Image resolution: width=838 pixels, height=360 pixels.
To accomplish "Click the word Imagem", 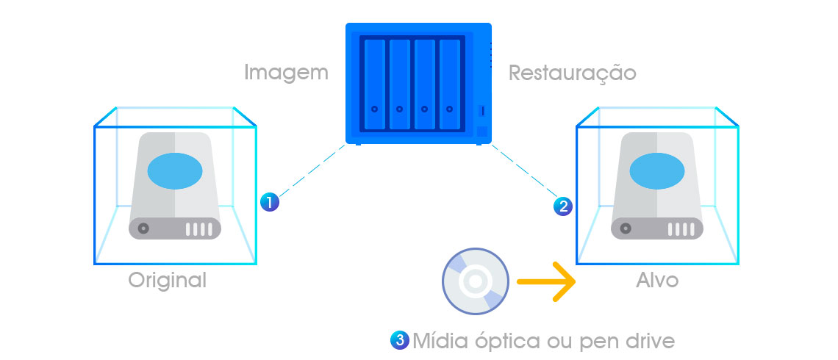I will tap(286, 73).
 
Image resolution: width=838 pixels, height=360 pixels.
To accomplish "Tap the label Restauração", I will tap(572, 73).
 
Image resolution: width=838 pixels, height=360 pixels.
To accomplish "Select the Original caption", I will tap(168, 280).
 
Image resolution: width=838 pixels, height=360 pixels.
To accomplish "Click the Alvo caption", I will tap(657, 280).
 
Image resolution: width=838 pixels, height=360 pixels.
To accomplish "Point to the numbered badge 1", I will tap(269, 202).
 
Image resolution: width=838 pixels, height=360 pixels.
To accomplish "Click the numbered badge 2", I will tap(562, 206).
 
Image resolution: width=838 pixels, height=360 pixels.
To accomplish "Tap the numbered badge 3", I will tap(401, 340).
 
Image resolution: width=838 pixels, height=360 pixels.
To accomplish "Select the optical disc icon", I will tap(474, 281).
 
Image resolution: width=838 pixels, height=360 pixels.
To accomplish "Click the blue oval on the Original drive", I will tap(175, 171).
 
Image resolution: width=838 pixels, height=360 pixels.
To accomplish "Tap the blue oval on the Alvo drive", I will tap(657, 171).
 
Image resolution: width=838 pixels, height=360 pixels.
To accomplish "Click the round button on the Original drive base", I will tap(144, 228).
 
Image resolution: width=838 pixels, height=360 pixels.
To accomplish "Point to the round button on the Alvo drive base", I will tap(626, 228).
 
